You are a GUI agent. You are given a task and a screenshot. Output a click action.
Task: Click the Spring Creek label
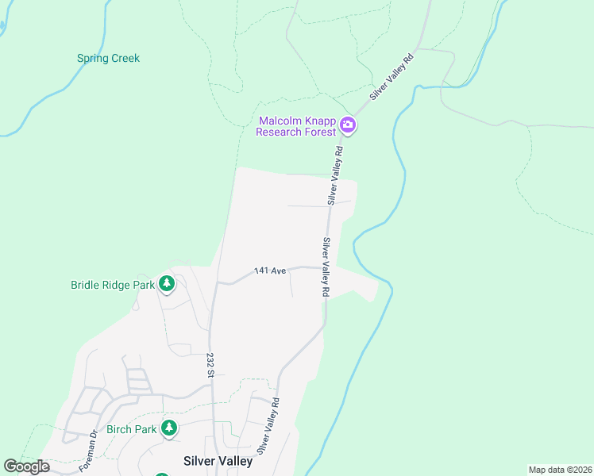pyautogui.click(x=108, y=58)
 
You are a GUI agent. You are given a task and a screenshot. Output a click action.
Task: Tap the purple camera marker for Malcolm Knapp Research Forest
pyautogui.click(x=348, y=125)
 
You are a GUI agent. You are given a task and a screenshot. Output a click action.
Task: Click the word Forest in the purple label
pyautogui.click(x=321, y=132)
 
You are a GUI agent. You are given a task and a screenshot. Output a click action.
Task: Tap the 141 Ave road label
pyautogui.click(x=269, y=271)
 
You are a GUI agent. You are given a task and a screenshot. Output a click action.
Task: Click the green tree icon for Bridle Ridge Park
pyautogui.click(x=166, y=283)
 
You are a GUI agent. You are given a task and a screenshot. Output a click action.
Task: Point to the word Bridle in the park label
pyautogui.click(x=86, y=285)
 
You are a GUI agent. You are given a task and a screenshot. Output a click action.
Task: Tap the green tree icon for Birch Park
pyautogui.click(x=168, y=428)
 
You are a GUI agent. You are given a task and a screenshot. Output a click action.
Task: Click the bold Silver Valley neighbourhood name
pyautogui.click(x=218, y=461)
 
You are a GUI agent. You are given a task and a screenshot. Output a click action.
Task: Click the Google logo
pyautogui.click(x=27, y=466)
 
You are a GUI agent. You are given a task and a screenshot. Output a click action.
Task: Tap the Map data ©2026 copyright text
pyautogui.click(x=560, y=470)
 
